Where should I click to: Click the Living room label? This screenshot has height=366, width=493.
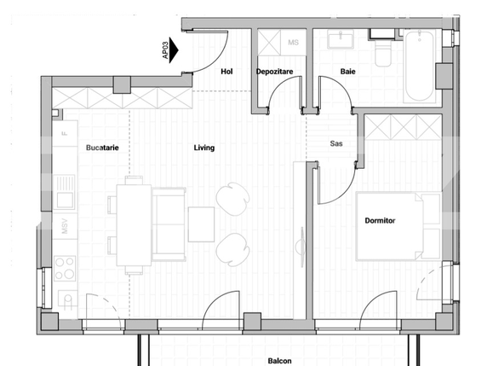point(204,148)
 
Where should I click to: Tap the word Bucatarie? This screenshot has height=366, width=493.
point(102,148)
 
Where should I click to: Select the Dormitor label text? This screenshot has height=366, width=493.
point(381,220)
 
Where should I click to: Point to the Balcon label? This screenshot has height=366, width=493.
point(281,359)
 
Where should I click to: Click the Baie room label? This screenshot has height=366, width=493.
point(347,71)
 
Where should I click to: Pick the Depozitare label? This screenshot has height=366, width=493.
point(274,71)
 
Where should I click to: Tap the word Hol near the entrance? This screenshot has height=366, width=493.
point(226,71)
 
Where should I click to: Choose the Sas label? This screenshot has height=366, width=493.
point(336,143)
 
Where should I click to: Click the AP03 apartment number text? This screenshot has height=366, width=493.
point(165,49)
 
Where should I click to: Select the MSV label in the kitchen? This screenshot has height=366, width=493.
point(64,227)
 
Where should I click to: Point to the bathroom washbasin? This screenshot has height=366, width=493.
point(344,39)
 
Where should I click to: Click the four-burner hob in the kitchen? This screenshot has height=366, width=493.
point(65,268)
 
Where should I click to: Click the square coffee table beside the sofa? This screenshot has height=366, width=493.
point(202,224)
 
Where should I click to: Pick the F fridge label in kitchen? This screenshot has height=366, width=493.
point(64,134)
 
